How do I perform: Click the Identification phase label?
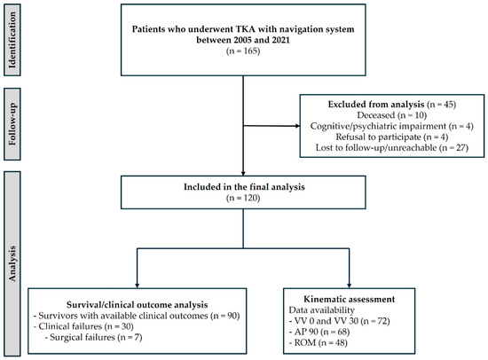(x=12, y=40)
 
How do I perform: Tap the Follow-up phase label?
(x=12, y=124)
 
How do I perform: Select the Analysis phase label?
(x=12, y=263)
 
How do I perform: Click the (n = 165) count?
(x=243, y=51)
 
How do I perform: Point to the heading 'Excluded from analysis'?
(x=376, y=105)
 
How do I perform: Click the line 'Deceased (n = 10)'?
(x=392, y=115)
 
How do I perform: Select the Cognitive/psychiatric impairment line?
(x=392, y=126)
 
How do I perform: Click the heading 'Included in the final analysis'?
(x=244, y=187)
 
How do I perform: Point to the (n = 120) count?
(x=243, y=198)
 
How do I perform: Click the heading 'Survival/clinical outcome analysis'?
(x=137, y=305)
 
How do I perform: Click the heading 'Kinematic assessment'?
(x=350, y=299)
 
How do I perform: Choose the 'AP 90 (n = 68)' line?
(x=319, y=332)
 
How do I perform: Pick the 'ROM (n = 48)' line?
(x=318, y=342)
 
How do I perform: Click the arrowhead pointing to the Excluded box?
(x=297, y=126)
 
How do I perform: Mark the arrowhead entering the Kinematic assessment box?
(x=350, y=286)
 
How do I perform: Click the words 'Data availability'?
(x=321, y=310)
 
